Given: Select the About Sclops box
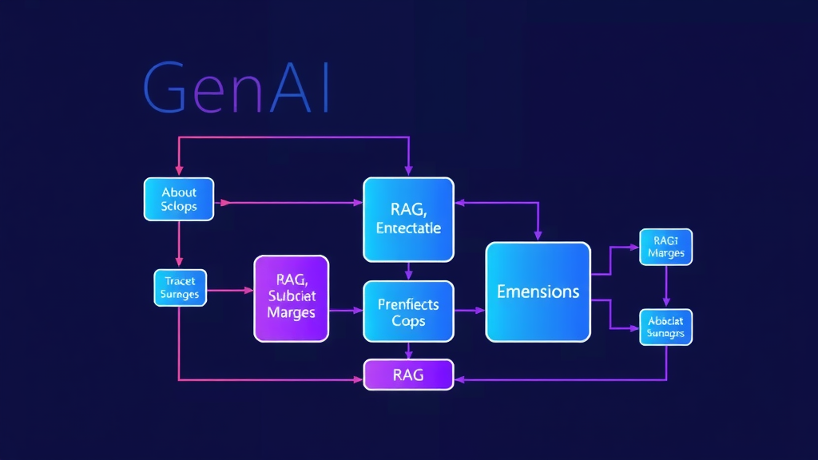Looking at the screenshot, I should [x=179, y=199].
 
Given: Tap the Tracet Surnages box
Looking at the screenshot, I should [x=180, y=288].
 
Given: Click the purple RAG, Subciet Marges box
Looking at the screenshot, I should [x=291, y=299].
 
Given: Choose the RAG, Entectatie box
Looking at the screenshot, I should [x=408, y=219].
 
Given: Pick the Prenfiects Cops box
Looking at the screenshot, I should [x=408, y=311].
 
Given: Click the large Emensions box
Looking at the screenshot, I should [x=538, y=291].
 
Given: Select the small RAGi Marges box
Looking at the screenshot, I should [x=665, y=247].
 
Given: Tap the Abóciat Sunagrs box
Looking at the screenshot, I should [x=665, y=327].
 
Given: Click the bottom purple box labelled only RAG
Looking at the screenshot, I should [x=408, y=374].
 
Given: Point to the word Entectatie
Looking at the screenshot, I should [x=408, y=228].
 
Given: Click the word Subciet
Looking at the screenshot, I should [x=291, y=296].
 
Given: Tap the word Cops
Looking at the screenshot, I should [x=408, y=321].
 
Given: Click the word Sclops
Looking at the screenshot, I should [x=179, y=206].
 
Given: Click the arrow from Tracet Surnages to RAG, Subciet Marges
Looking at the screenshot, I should [x=230, y=291].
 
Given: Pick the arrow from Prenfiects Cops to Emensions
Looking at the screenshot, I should [x=469, y=310].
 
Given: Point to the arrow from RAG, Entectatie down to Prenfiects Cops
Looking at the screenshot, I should [x=408, y=272].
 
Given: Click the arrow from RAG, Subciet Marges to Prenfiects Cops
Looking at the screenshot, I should [x=346, y=310].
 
